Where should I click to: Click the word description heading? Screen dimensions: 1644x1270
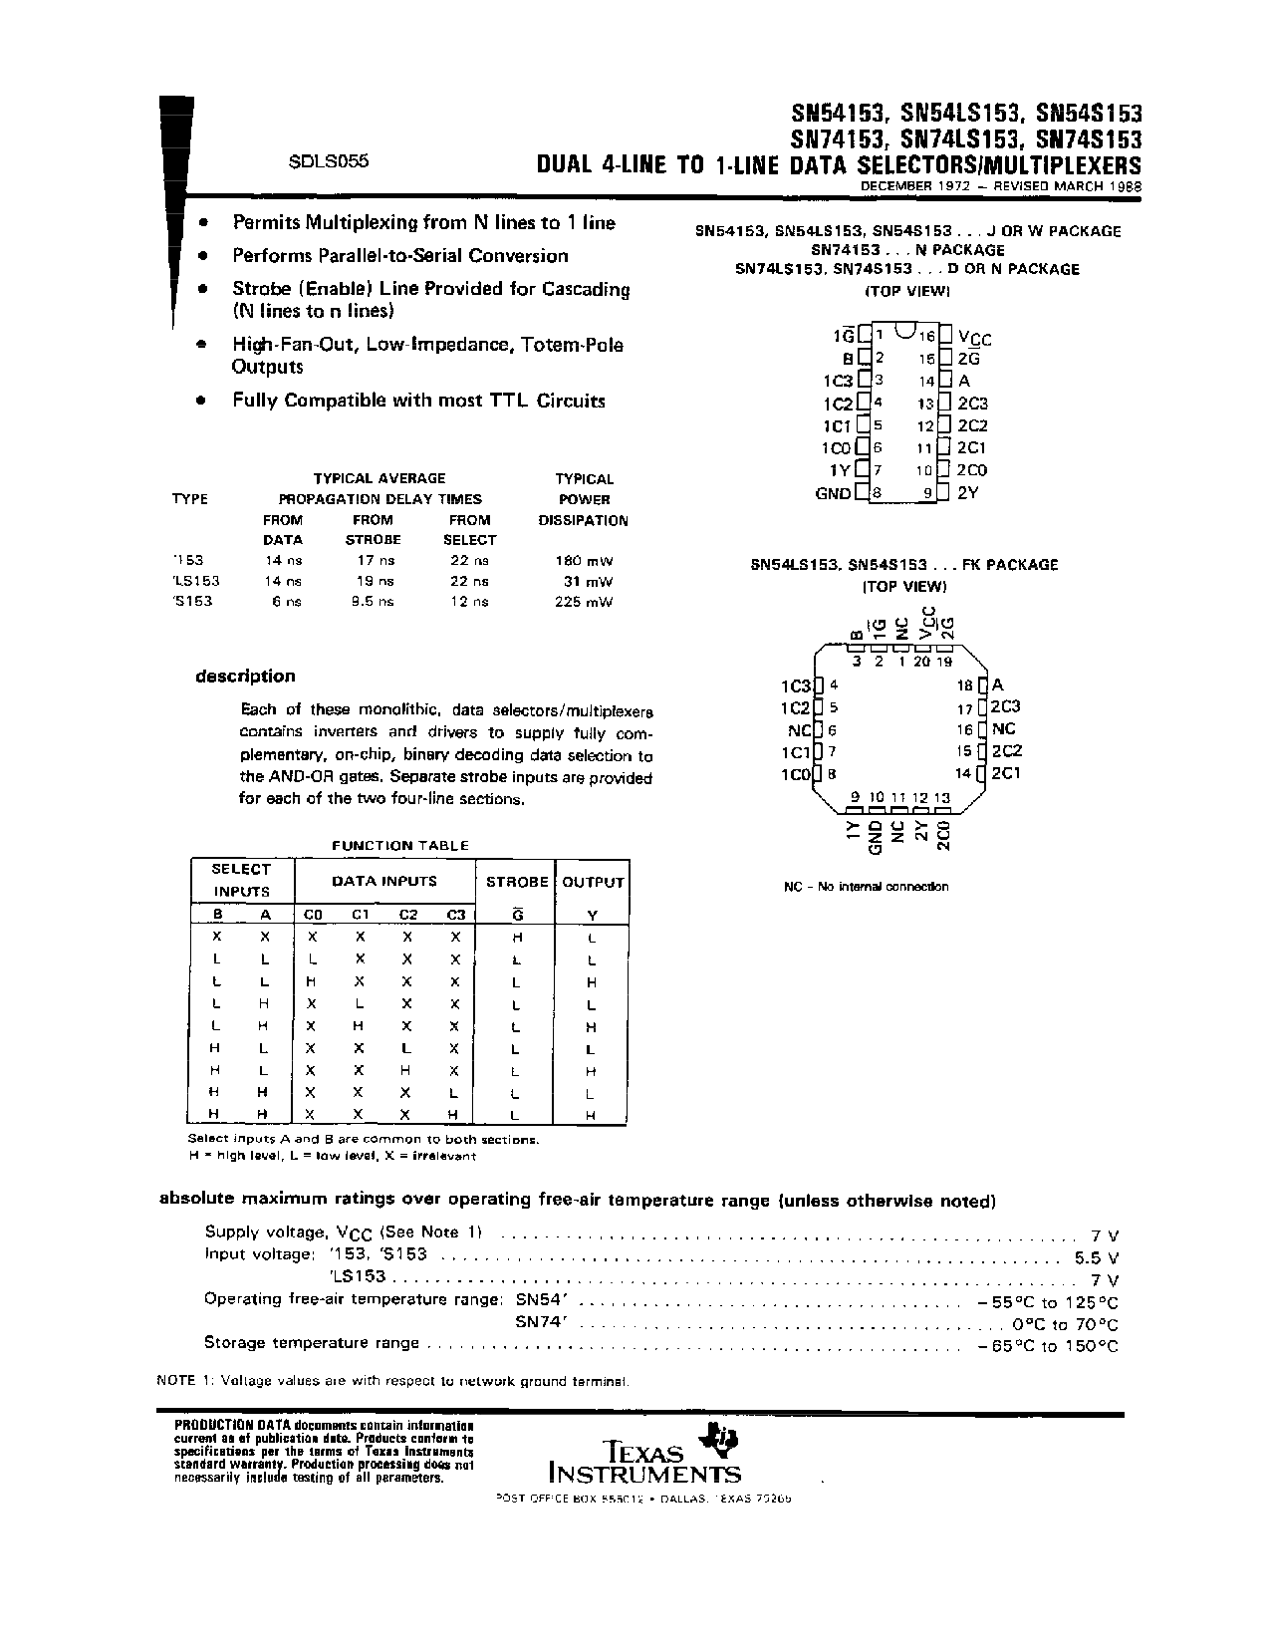pyautogui.click(x=245, y=677)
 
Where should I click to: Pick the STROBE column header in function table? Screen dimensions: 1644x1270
pyautogui.click(x=517, y=882)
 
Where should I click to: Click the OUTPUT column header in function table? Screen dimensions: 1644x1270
pyautogui.click(x=593, y=882)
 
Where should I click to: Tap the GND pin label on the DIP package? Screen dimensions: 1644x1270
pyautogui.click(x=834, y=493)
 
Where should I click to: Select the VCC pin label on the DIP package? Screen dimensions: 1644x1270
pyautogui.click(x=974, y=338)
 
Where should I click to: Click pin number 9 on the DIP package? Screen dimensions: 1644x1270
pyautogui.click(x=927, y=492)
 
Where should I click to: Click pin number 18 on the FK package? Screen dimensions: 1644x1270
pyautogui.click(x=964, y=685)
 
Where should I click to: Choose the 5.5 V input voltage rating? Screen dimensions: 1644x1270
pyautogui.click(x=1097, y=1257)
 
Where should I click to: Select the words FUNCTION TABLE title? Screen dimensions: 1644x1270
pyautogui.click(x=399, y=846)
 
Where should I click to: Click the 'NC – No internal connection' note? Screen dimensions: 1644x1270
pyautogui.click(x=866, y=887)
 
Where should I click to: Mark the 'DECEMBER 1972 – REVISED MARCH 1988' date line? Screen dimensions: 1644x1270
pyautogui.click(x=1001, y=186)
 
